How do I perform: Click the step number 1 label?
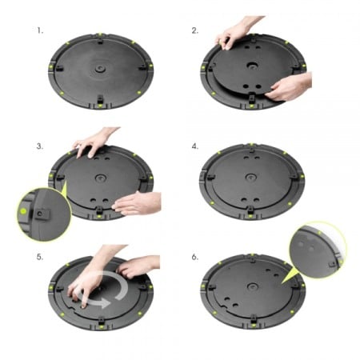tap(40, 33)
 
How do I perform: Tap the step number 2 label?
tap(194, 31)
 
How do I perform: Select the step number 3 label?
tap(40, 147)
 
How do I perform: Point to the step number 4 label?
tap(194, 147)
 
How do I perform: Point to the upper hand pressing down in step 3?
tap(93, 142)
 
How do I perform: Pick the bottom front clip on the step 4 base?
tap(250, 213)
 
